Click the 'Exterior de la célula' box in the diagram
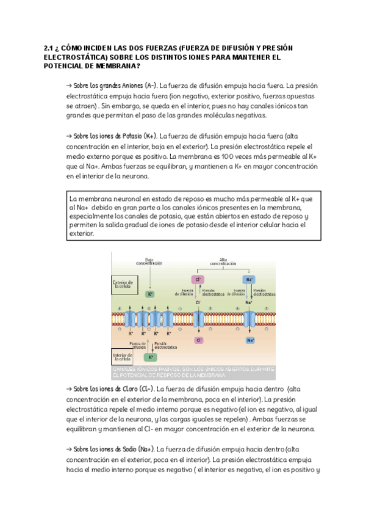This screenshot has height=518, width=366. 123,285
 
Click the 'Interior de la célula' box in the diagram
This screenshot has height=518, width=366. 122,357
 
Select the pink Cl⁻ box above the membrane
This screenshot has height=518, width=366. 199,279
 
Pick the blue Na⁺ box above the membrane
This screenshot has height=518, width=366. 248,279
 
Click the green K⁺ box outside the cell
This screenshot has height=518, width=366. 150,294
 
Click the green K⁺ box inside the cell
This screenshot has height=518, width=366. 149,357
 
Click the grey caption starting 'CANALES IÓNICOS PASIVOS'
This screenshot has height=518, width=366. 193,373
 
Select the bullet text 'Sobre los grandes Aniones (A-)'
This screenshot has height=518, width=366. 114,86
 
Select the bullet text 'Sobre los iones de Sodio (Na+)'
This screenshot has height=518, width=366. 113,448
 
